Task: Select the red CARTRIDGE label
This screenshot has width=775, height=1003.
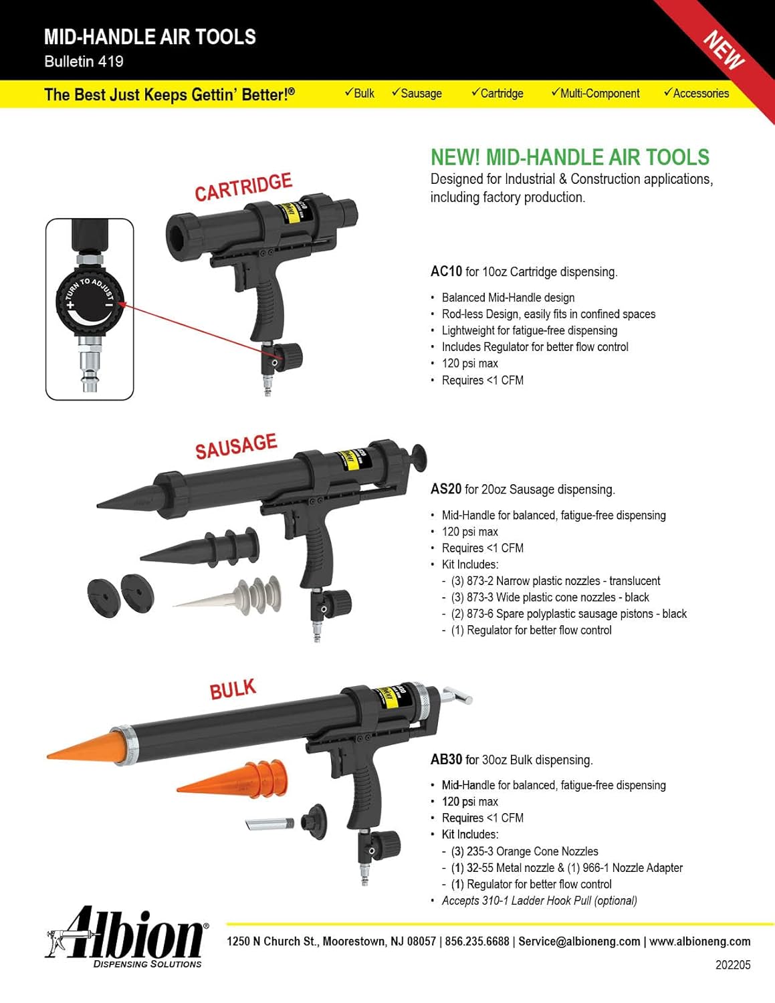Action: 243,187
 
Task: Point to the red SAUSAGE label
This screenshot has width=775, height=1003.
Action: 236,446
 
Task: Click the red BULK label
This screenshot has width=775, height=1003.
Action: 233,689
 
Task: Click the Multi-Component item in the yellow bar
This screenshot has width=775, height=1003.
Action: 595,94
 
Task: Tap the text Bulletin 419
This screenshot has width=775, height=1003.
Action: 84,62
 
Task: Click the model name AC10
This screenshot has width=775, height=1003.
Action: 446,271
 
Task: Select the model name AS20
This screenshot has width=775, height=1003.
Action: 446,489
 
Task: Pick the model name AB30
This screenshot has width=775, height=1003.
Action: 446,760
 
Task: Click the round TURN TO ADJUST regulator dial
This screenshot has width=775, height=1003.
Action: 90,302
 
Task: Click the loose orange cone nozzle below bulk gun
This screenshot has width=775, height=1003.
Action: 234,779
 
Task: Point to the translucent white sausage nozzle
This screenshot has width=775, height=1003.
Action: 231,596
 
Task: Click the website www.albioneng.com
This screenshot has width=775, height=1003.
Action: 699,941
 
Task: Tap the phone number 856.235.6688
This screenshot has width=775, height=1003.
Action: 477,941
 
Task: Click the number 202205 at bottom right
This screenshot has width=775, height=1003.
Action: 733,965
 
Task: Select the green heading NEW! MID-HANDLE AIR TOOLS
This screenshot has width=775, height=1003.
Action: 570,157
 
